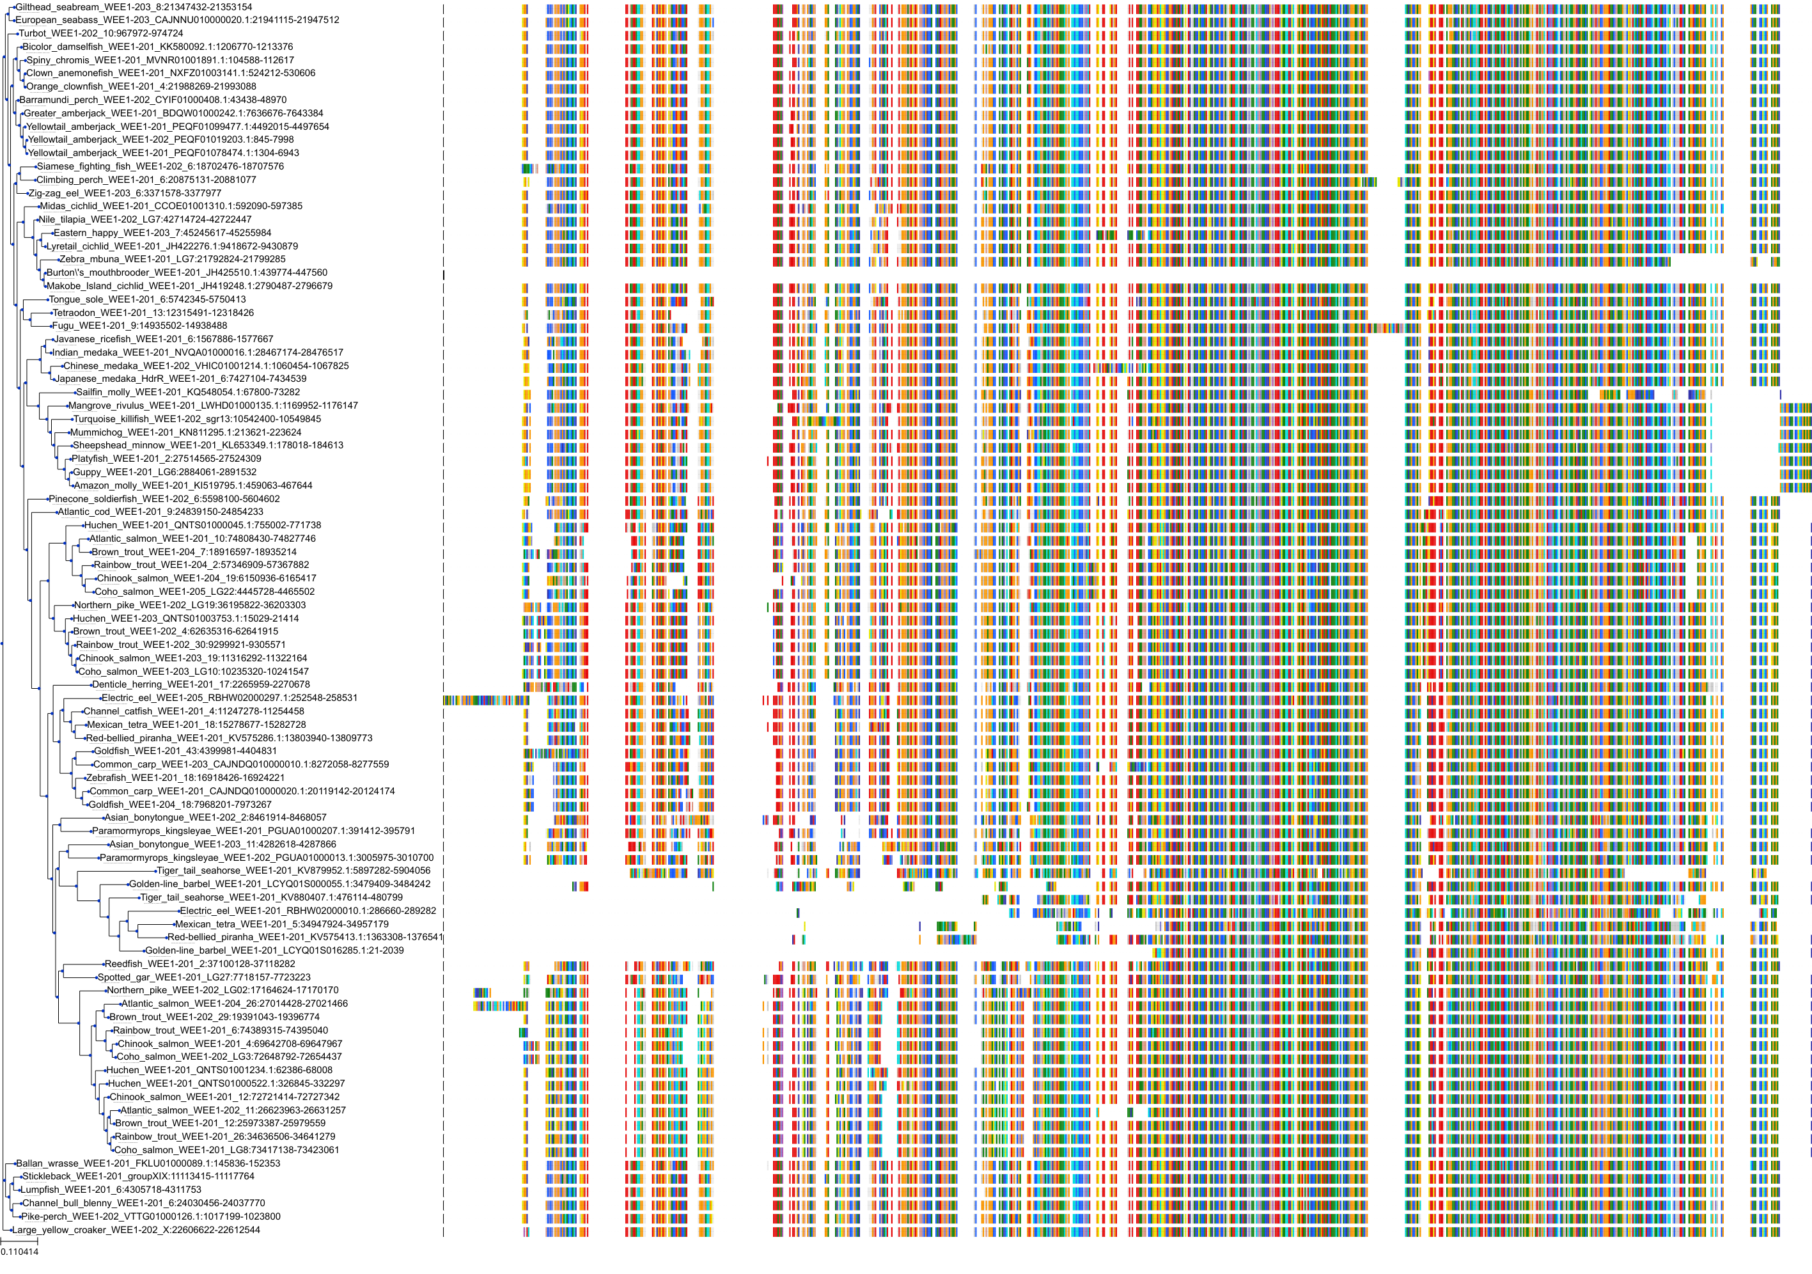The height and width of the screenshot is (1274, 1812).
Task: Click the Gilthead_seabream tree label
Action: click(x=134, y=7)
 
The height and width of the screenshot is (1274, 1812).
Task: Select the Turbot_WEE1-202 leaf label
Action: click(x=101, y=33)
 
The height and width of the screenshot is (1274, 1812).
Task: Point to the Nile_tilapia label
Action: click(x=145, y=219)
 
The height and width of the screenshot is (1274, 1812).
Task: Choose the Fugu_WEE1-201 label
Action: click(x=139, y=325)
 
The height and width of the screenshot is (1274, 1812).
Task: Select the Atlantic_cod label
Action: click(x=160, y=512)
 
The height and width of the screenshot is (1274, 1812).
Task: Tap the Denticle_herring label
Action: click(x=201, y=684)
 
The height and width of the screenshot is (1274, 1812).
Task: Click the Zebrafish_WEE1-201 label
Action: click(x=185, y=778)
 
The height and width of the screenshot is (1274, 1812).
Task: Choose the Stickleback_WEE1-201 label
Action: click(x=138, y=1176)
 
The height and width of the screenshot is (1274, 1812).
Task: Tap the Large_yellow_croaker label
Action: click(x=136, y=1230)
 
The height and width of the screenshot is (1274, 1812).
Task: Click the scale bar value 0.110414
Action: click(x=20, y=1252)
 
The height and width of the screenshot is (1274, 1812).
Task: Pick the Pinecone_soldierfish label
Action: click(x=164, y=499)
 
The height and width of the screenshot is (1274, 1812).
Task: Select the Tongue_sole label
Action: click(x=148, y=299)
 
